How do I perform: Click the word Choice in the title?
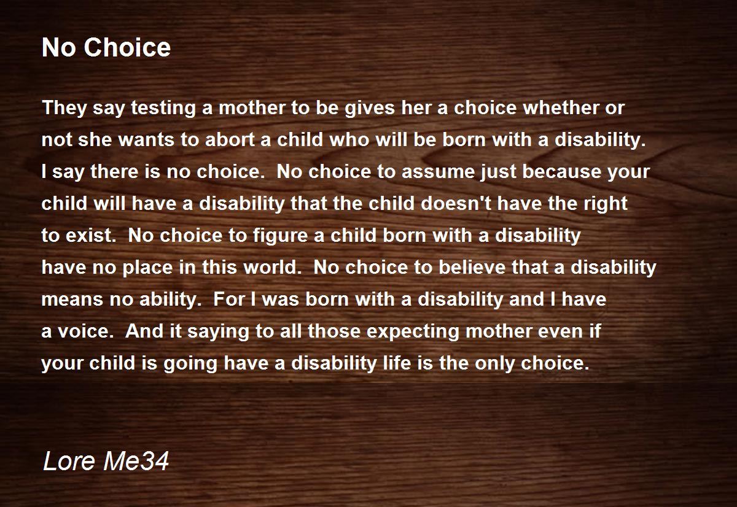point(127,47)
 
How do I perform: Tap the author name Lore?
point(69,460)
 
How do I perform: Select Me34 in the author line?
point(136,460)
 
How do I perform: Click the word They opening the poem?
point(64,109)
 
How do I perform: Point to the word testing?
point(163,109)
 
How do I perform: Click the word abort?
point(230,140)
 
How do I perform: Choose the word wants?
point(146,141)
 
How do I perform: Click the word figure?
point(280,236)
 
